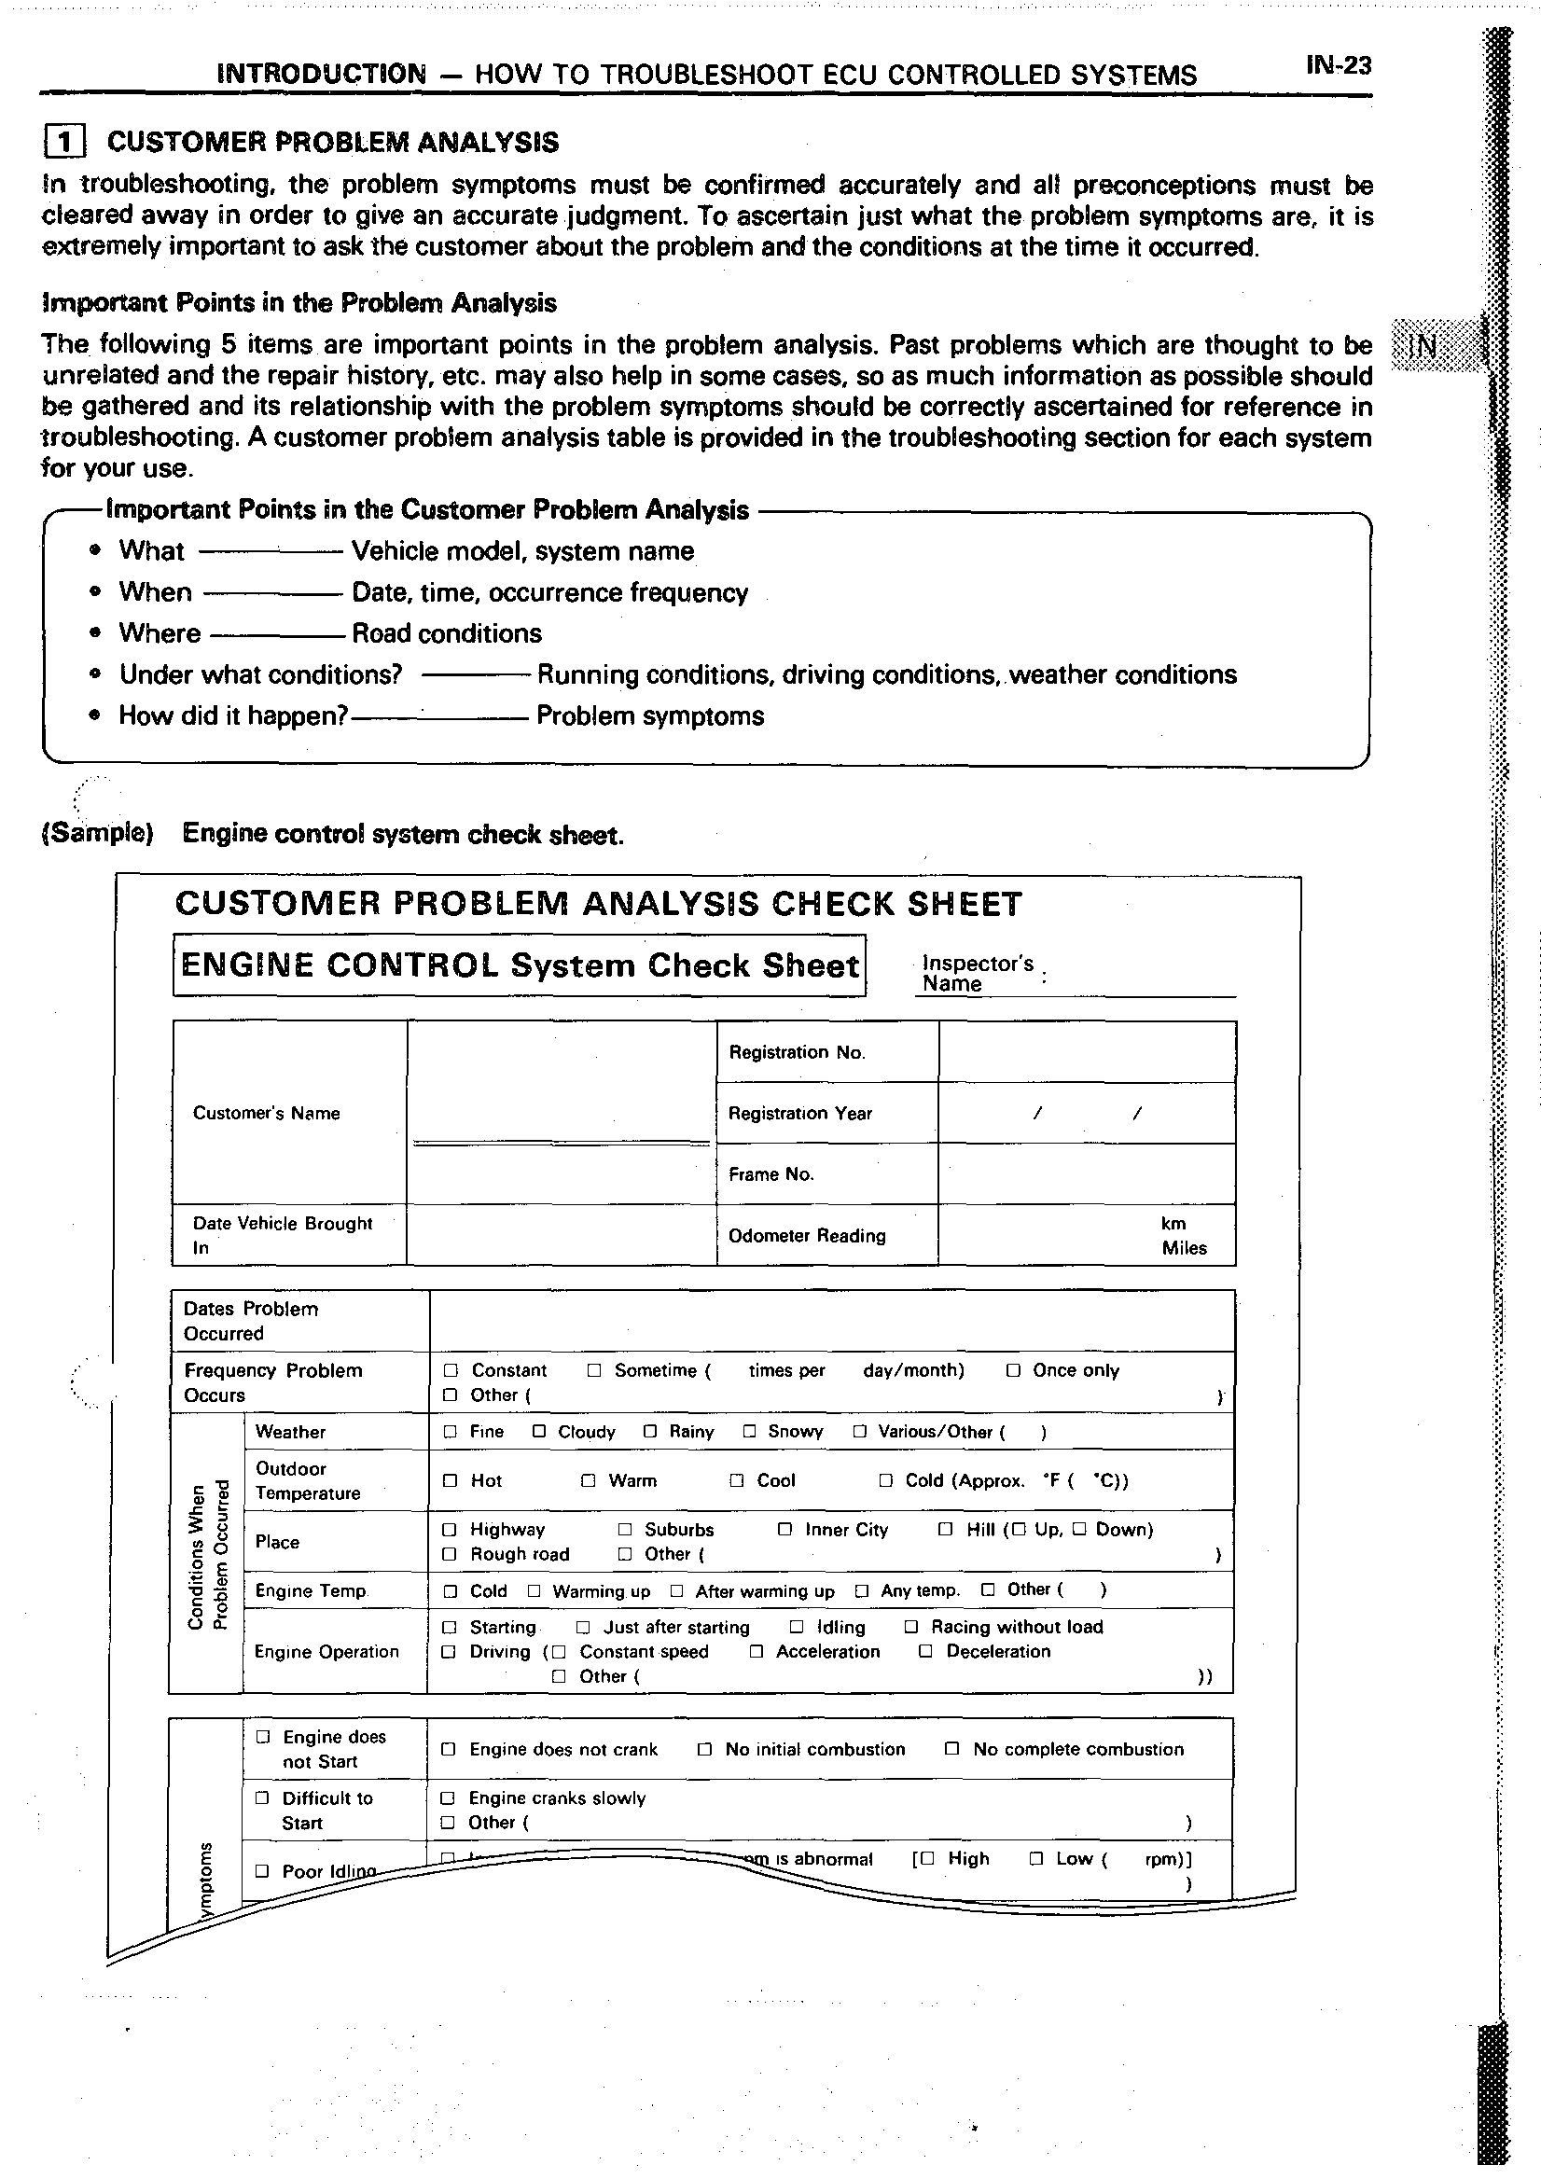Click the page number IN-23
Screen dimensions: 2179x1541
1338,65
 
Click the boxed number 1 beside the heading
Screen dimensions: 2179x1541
64,143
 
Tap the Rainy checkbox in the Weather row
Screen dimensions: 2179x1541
650,1431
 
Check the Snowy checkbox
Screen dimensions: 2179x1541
750,1431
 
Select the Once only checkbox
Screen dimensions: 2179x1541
1013,1370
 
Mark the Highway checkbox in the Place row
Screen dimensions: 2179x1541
450,1530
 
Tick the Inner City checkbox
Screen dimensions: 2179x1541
784,1529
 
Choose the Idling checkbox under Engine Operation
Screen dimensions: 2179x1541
797,1627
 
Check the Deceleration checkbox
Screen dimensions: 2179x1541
925,1651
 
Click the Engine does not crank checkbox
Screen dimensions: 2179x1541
449,1749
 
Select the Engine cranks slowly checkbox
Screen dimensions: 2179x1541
449,1797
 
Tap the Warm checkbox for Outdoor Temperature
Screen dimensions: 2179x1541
589,1480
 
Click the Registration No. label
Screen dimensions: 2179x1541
796,1051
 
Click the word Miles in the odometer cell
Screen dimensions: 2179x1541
1185,1248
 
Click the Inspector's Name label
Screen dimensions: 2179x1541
977,974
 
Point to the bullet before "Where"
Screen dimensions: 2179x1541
94,633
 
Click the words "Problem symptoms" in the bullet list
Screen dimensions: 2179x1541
650,715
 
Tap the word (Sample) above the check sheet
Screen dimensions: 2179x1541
97,833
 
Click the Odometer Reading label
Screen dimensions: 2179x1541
807,1236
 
